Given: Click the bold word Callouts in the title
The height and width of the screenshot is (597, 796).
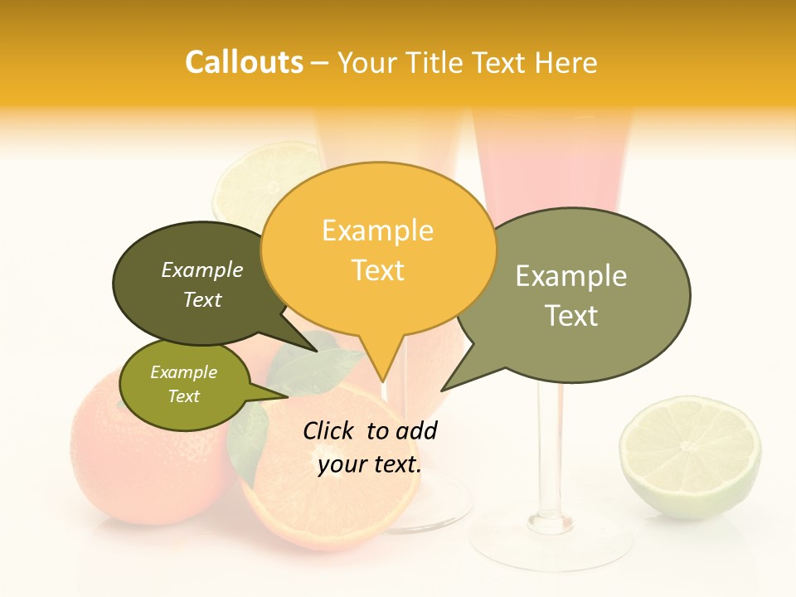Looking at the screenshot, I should click(x=244, y=63).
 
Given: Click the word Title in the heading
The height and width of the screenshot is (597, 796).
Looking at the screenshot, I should click(x=438, y=63).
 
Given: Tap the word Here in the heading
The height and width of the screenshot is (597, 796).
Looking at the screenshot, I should click(x=567, y=63).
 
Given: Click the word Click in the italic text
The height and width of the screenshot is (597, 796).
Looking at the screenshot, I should click(x=330, y=430).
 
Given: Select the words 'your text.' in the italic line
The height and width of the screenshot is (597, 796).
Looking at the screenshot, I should click(x=370, y=464).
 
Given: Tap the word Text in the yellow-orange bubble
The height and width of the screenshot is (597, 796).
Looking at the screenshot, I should click(x=378, y=270).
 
